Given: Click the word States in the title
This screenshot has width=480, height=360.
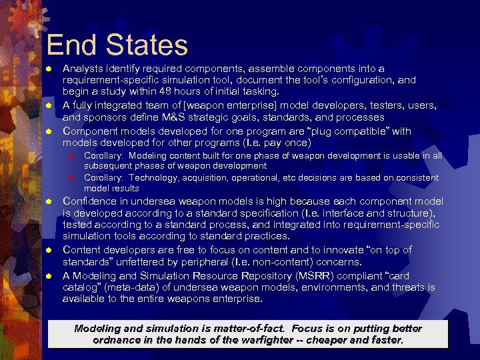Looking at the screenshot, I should click(x=144, y=45).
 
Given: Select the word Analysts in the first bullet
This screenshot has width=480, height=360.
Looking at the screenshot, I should click(x=83, y=68).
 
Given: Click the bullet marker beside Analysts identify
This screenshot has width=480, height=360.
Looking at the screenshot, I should click(x=49, y=69).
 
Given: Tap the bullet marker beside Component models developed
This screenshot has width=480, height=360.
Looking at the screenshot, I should click(x=49, y=131).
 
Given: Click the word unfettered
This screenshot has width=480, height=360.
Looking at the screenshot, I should click(x=136, y=262).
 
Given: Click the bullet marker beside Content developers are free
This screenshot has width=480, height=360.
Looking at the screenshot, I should click(x=49, y=250).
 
